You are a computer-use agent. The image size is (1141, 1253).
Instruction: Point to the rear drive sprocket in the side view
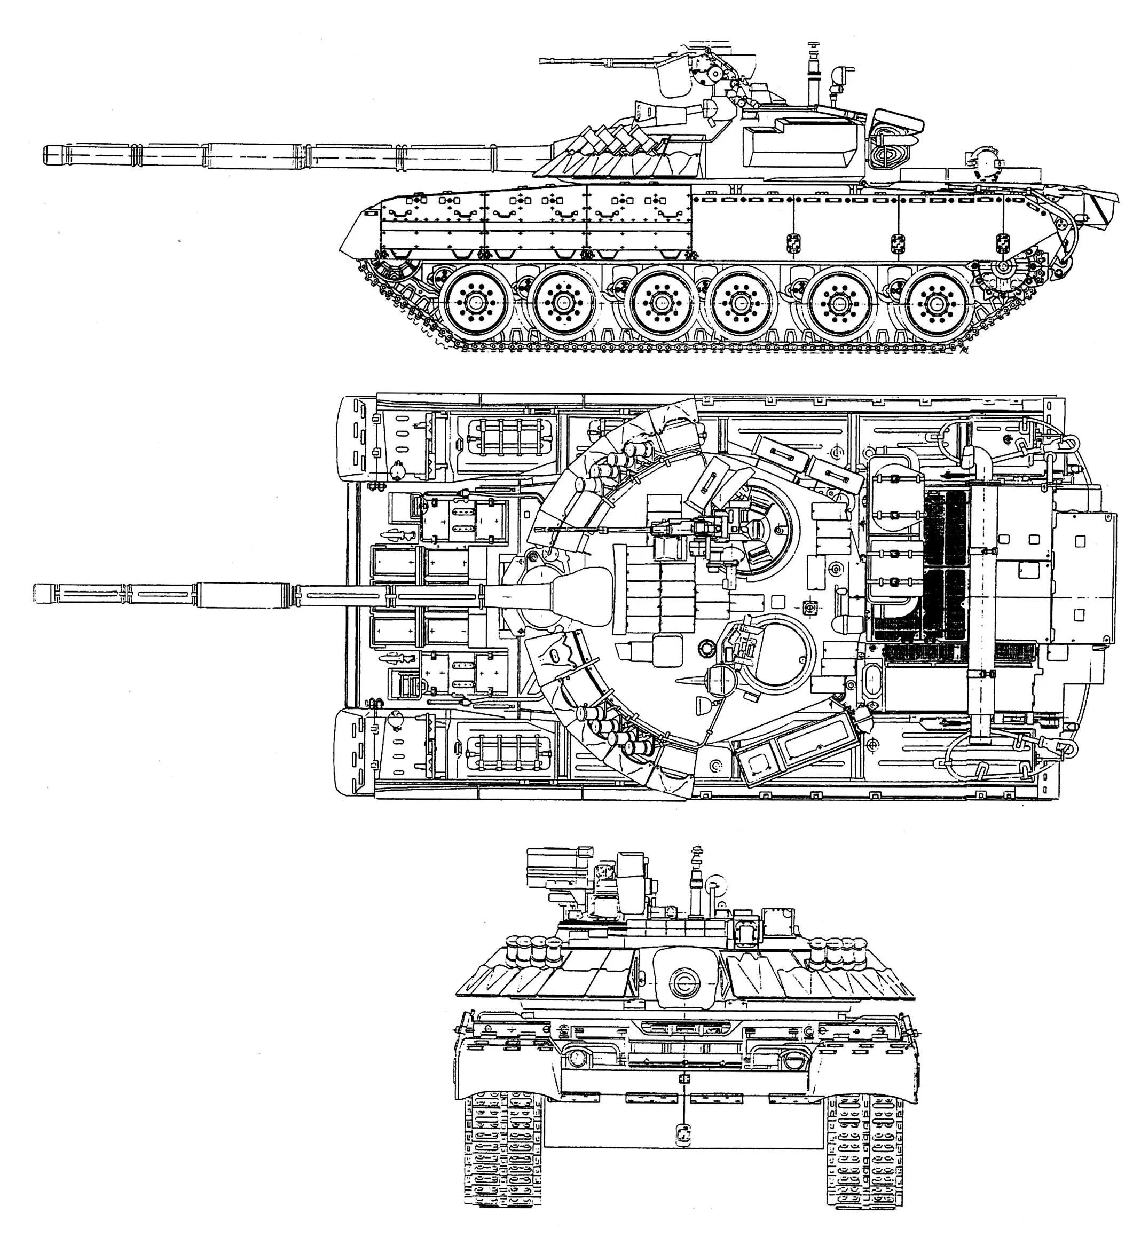tap(1000, 268)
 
